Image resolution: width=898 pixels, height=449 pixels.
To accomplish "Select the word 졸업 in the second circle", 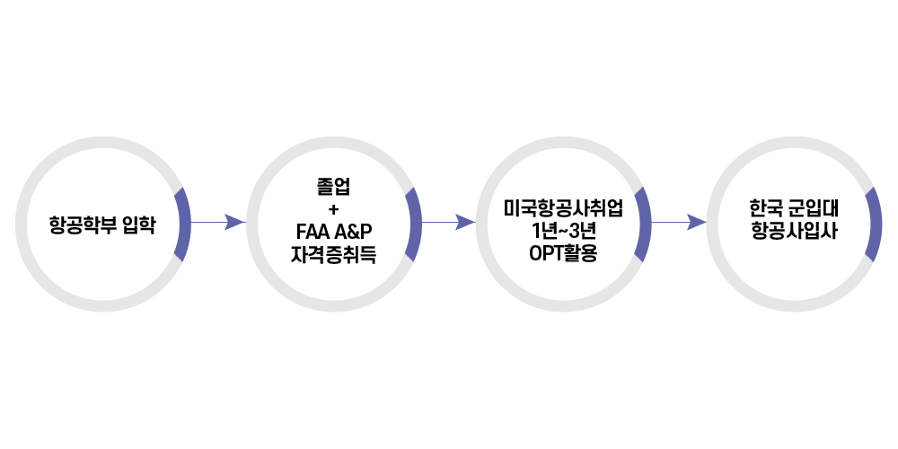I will [334, 188].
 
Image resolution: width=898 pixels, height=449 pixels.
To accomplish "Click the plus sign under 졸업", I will [334, 209].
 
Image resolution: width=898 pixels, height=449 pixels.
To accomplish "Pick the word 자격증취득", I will [334, 254].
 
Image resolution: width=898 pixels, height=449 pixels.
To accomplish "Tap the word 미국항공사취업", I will [564, 207].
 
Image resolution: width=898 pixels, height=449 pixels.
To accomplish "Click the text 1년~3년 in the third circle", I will [564, 230].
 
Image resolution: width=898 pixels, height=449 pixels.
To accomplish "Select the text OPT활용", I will [564, 252].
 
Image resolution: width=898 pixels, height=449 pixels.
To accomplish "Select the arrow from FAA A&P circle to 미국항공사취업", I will [447, 222].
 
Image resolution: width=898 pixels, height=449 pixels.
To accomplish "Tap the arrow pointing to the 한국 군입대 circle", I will [677, 222].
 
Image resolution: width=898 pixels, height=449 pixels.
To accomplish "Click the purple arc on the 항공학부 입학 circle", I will [183, 224].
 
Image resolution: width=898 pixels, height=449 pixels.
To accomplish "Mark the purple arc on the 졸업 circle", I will [414, 224].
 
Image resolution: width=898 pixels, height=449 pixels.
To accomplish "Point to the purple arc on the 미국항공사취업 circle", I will [643, 224].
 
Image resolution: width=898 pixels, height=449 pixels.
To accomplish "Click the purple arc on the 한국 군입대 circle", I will [874, 224].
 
